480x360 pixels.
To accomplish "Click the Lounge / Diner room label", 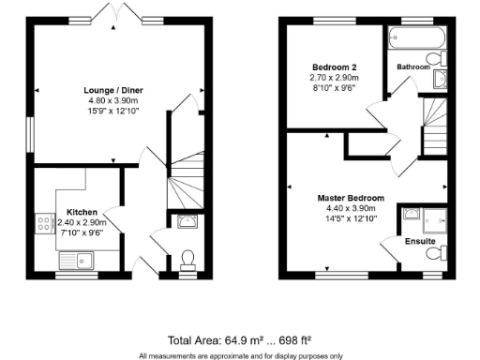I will [113, 90].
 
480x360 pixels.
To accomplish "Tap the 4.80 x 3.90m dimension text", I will [113, 101].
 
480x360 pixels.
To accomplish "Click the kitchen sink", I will [74, 260].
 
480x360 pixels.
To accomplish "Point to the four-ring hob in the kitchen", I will [43, 224].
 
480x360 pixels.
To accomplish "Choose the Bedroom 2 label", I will [335, 67].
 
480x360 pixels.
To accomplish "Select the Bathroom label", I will [413, 67].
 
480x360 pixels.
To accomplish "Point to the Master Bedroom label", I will [351, 198].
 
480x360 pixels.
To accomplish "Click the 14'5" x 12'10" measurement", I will [351, 219].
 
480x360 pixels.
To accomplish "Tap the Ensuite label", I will [420, 241].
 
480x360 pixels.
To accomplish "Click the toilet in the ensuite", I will [434, 254].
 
